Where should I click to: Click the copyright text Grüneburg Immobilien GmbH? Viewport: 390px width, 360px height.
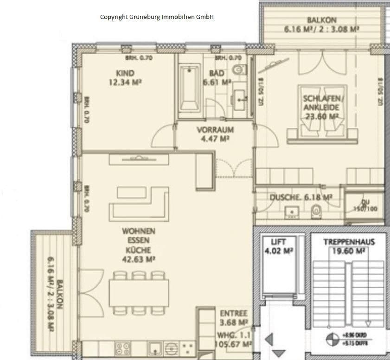tap(157, 17)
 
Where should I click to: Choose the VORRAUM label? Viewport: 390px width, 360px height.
tap(215, 130)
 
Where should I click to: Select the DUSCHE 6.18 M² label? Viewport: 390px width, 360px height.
tap(301, 197)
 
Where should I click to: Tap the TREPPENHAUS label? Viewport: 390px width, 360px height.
tap(349, 242)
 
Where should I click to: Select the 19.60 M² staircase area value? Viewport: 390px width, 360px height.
tap(349, 251)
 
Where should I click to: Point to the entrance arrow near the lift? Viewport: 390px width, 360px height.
tap(269, 341)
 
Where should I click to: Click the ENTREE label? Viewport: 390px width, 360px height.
tap(234, 313)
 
